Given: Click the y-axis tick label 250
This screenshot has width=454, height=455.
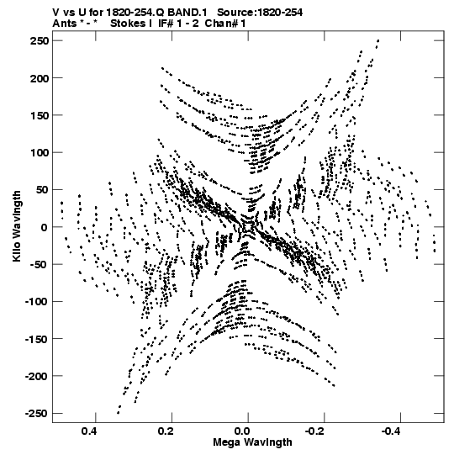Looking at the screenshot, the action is [x=40, y=41].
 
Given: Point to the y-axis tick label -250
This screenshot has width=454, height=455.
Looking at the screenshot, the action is [x=36, y=413].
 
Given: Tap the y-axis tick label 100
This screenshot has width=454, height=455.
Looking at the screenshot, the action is [x=40, y=152].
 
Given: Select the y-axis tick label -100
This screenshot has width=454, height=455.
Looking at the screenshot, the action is [x=36, y=301].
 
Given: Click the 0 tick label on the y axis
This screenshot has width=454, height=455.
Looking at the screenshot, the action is [x=44, y=227].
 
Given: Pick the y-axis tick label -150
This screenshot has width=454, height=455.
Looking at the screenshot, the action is [x=36, y=339].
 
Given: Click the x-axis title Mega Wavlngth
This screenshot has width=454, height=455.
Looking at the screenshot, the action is [x=252, y=442].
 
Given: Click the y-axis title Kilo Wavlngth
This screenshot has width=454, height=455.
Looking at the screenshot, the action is [x=17, y=226].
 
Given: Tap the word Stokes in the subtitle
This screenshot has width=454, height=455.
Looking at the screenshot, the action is [x=129, y=24].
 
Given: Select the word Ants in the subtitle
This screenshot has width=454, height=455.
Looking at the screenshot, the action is [x=64, y=24].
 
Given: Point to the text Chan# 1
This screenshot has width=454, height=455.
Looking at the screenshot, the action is [x=225, y=24].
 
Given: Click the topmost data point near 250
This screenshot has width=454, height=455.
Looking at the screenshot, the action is [x=377, y=40].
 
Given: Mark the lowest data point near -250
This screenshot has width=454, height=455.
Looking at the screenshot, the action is [x=118, y=413].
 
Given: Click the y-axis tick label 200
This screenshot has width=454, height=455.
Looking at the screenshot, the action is [x=40, y=78].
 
